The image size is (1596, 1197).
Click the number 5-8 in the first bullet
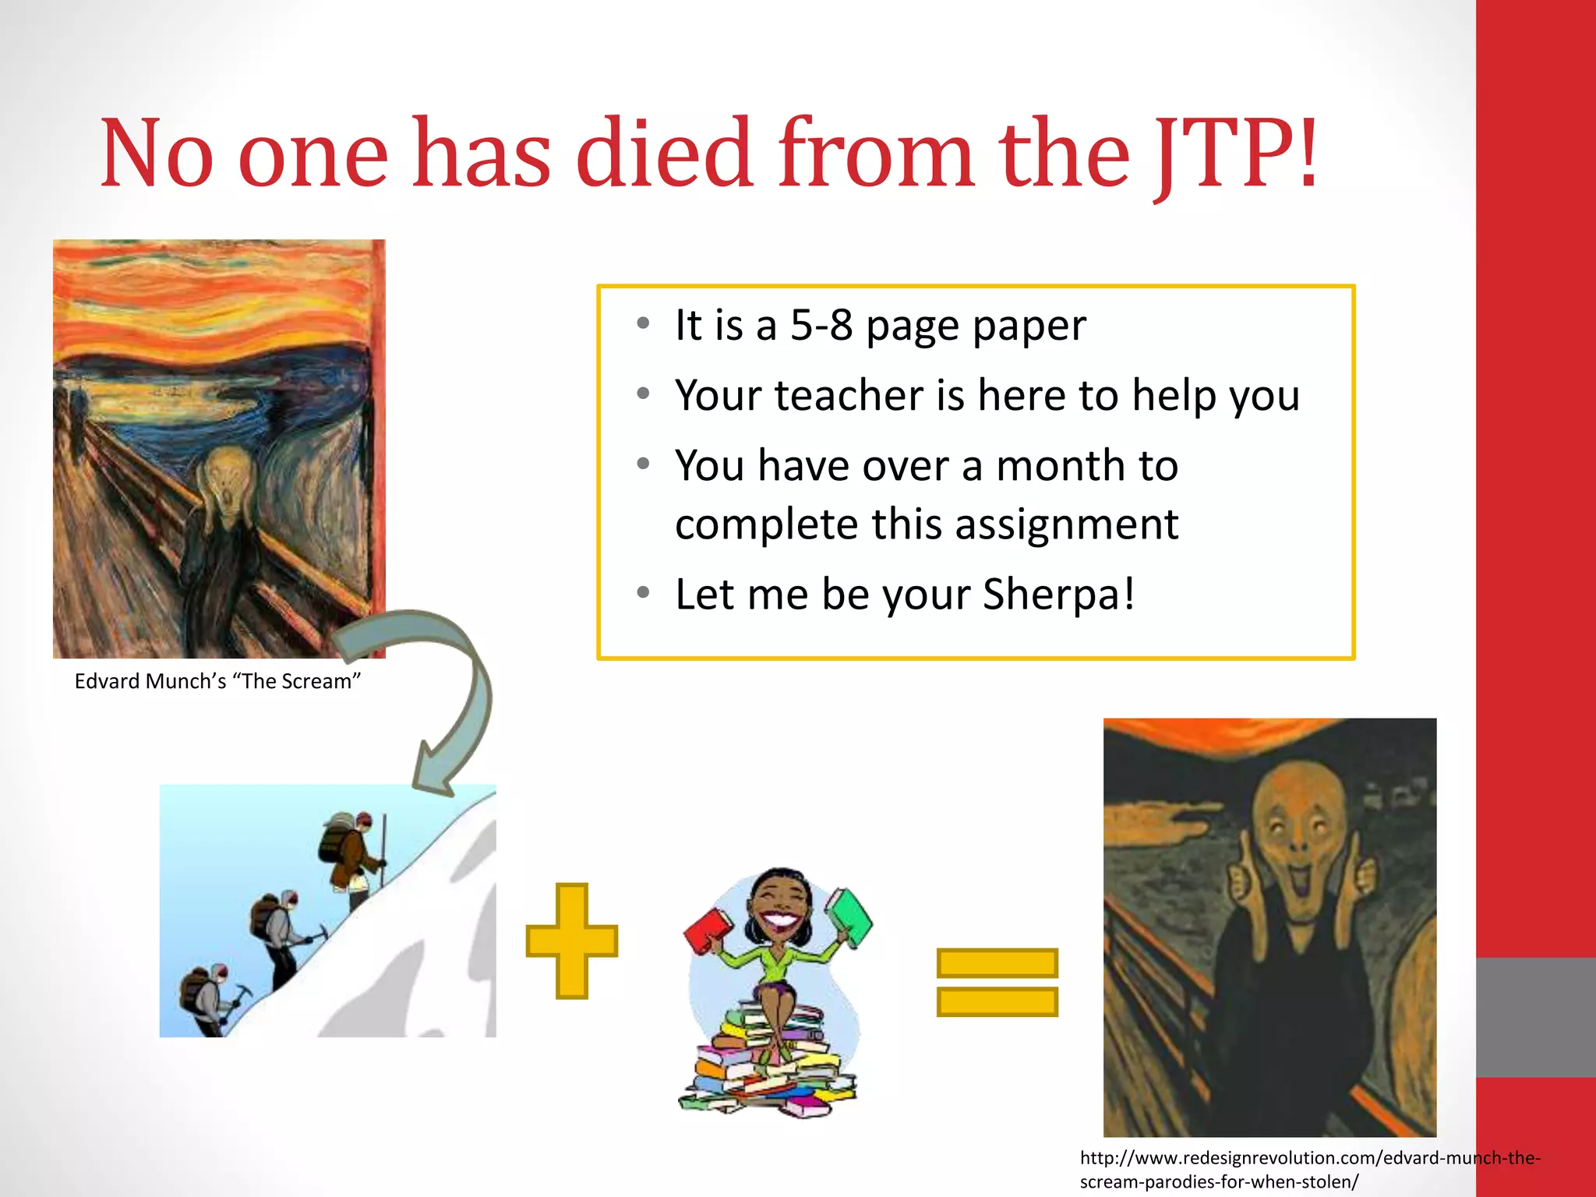[821, 325]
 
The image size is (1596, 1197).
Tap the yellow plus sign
[572, 940]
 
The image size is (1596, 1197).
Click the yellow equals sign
[997, 982]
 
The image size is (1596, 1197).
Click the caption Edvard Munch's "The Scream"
[217, 681]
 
